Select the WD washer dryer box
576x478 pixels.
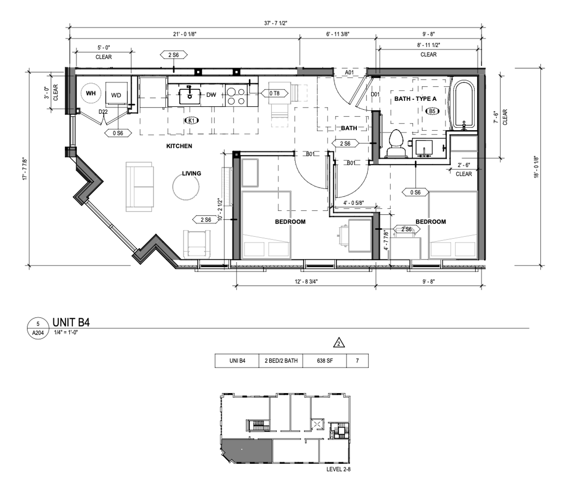tap(116, 93)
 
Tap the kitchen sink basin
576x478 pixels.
tap(190, 96)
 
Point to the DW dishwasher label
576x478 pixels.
tap(211, 95)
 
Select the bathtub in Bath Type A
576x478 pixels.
tap(464, 105)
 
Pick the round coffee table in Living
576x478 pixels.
tap(186, 187)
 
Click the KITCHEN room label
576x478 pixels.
tap(179, 146)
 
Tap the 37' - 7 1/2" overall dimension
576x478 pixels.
tap(275, 23)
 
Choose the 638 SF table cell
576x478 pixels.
tap(324, 361)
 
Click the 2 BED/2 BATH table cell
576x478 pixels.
tap(281, 361)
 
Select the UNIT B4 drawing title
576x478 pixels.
tap(71, 322)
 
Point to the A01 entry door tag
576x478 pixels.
tap(349, 73)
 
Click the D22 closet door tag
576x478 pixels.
tap(103, 112)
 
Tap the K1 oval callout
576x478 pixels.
tap(191, 121)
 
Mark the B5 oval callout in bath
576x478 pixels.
tap(432, 111)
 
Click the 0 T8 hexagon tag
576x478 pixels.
tap(275, 93)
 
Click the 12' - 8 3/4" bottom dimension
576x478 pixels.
tap(306, 281)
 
